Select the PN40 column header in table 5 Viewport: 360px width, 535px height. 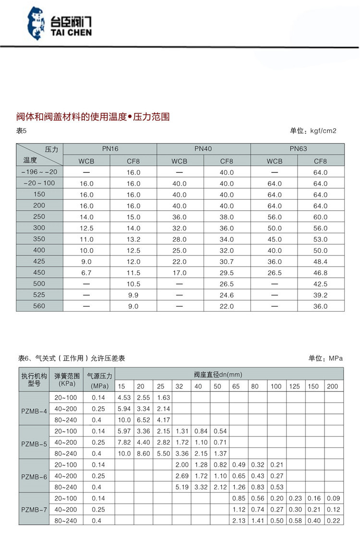[x=203, y=149]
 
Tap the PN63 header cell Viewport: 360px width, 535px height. [x=297, y=149]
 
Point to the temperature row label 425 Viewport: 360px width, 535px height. [x=39, y=261]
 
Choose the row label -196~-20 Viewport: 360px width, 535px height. [x=39, y=172]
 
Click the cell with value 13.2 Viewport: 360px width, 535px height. [x=133, y=239]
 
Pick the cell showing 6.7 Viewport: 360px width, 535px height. [x=86, y=272]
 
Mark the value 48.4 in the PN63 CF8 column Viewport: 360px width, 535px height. [x=320, y=261]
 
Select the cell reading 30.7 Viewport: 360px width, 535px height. [x=227, y=261]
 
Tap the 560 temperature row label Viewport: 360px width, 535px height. [x=39, y=306]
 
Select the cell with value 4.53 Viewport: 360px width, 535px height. [x=124, y=397]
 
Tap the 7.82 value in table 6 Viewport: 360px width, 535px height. [x=124, y=442]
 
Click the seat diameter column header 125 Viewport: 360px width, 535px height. [x=294, y=387]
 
